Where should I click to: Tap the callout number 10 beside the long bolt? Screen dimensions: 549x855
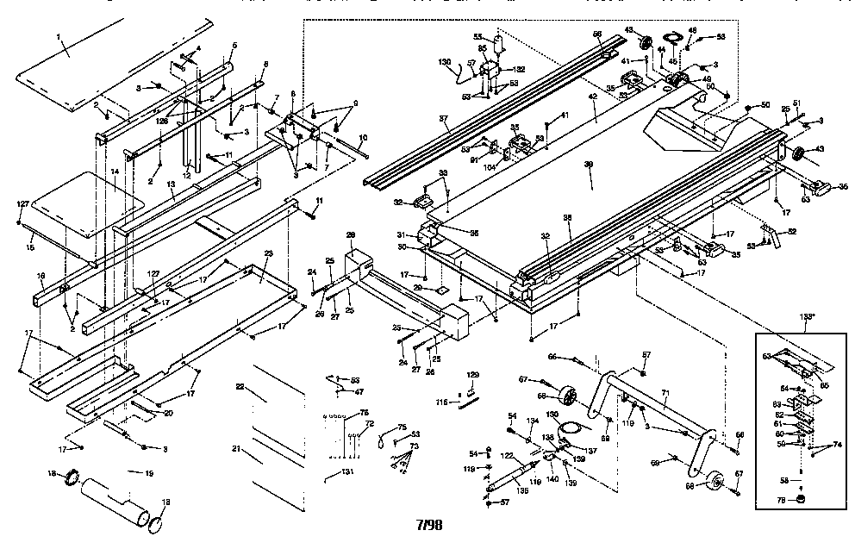pos(362,138)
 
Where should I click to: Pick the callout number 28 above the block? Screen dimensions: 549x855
pos(351,234)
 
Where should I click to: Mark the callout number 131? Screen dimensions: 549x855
pos(346,472)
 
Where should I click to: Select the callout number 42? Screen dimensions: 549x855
pos(592,98)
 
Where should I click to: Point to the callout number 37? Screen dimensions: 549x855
pos(445,119)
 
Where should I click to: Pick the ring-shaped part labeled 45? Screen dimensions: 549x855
pos(673,38)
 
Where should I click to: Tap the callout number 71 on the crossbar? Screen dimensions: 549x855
pos(665,393)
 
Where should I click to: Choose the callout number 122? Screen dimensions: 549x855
pos(508,455)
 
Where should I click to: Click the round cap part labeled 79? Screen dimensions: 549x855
pos(800,499)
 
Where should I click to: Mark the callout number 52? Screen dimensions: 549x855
pos(791,230)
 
